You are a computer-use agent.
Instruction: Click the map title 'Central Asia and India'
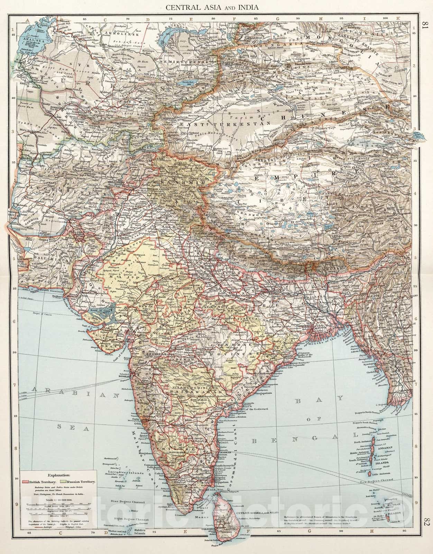pos(217,7)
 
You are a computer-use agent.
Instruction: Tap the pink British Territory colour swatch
pos(25,482)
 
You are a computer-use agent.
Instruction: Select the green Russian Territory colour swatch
pos(62,482)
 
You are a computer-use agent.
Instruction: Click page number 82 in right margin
pos(425,526)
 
